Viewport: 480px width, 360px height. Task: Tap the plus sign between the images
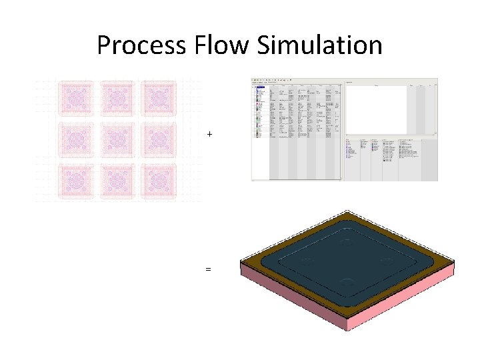click(209, 135)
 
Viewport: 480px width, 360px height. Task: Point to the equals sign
click(209, 269)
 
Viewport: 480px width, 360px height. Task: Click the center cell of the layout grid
click(117, 141)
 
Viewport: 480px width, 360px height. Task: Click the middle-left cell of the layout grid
click(76, 141)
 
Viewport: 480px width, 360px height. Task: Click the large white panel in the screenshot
click(376, 109)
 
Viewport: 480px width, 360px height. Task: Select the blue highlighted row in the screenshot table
click(259, 87)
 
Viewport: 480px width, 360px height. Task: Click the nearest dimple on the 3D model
click(346, 282)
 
